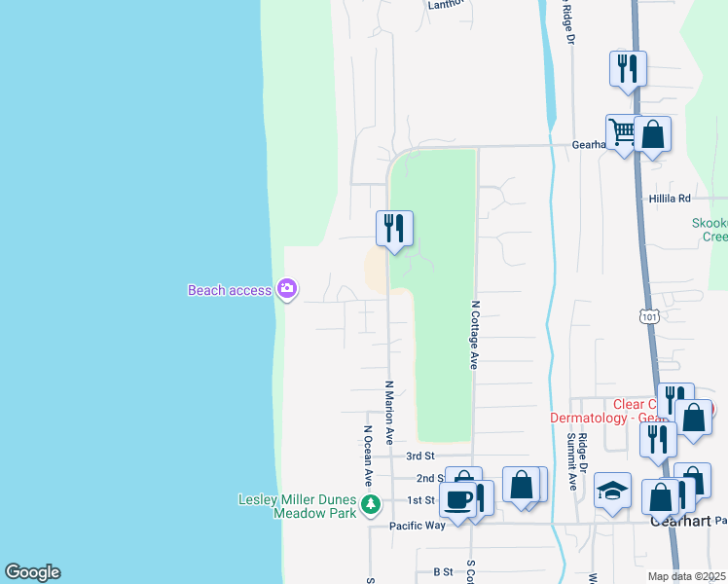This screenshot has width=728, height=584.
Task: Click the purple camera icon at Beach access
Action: [287, 288]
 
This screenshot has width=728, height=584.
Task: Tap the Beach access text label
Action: [229, 290]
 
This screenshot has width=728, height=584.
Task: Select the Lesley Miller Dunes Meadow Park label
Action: [298, 506]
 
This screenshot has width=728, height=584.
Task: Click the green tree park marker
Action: [370, 504]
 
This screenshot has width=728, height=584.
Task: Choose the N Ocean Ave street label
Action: [369, 456]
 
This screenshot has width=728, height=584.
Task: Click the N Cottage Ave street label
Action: [475, 334]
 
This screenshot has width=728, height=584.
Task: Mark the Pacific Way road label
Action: [417, 526]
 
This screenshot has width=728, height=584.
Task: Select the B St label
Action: [443, 571]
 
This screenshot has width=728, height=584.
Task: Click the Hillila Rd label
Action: [670, 198]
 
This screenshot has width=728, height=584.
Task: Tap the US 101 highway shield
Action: [648, 316]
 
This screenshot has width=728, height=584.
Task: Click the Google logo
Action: [32, 572]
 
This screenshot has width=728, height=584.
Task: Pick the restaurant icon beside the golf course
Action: [394, 228]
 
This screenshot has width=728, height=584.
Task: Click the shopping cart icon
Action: [622, 131]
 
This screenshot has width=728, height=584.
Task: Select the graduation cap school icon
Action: [613, 491]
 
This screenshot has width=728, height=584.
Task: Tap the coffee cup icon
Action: [456, 499]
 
